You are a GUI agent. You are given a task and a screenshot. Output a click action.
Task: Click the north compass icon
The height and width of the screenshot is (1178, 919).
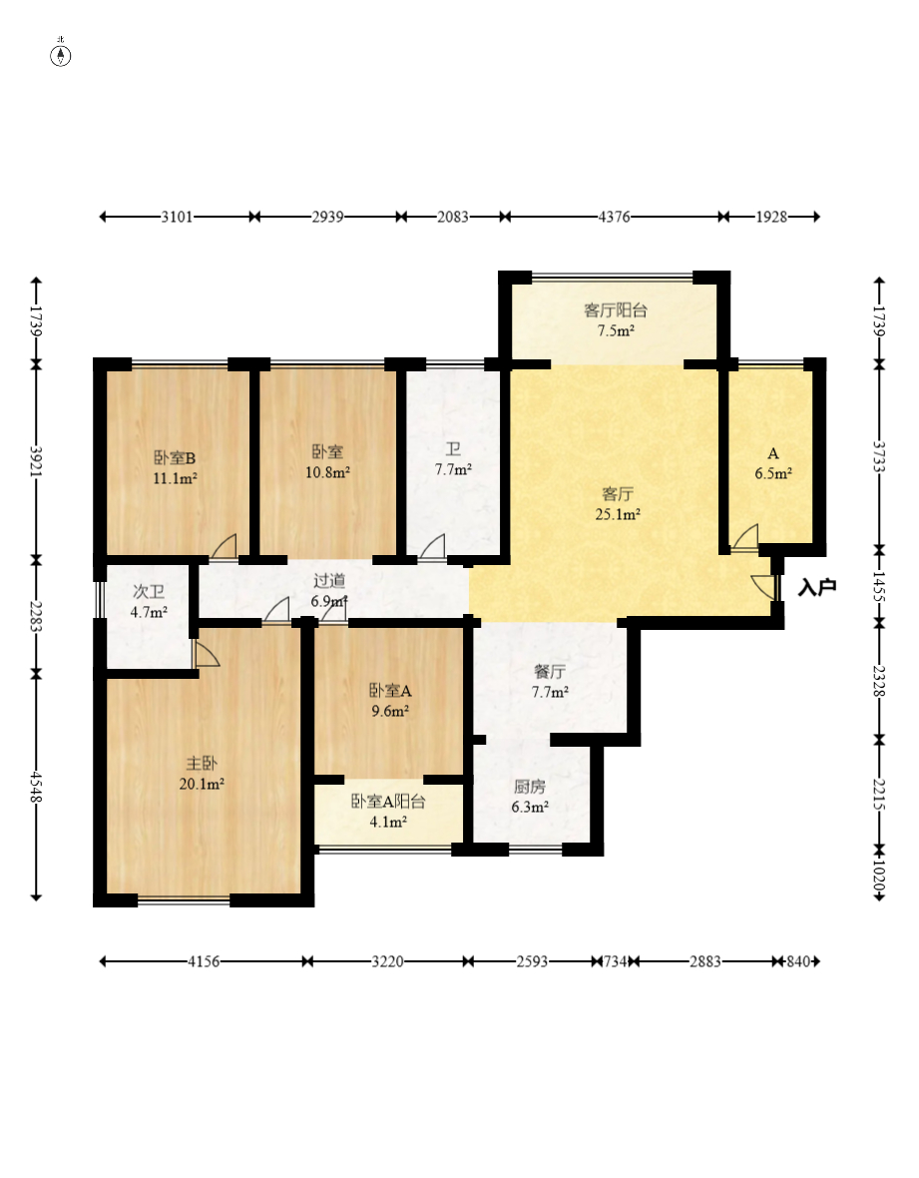click(61, 55)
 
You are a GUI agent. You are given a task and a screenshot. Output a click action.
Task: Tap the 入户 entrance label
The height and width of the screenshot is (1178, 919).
click(816, 588)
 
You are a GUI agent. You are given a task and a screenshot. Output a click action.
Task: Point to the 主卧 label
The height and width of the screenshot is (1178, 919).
click(202, 764)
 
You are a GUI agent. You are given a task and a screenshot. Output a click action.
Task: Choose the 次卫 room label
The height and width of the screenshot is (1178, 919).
click(149, 592)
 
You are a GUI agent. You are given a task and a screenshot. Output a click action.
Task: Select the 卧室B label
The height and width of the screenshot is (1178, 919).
click(175, 458)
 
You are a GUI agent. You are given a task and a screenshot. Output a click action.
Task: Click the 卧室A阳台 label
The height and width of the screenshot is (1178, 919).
click(388, 802)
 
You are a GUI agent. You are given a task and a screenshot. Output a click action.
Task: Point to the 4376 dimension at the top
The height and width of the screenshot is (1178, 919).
click(615, 216)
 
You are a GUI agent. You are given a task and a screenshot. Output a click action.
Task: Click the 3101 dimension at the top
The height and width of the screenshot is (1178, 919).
click(176, 216)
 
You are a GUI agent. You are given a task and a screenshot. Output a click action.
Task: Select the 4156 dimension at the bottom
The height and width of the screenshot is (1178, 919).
click(203, 961)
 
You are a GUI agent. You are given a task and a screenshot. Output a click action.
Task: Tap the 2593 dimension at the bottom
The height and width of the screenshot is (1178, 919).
click(532, 961)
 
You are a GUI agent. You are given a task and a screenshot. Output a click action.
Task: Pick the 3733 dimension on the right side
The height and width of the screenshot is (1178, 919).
click(878, 456)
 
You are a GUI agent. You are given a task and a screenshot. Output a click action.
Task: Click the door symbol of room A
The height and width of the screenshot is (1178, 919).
click(744, 538)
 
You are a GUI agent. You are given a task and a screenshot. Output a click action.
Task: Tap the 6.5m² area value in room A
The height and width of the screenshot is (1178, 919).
click(773, 475)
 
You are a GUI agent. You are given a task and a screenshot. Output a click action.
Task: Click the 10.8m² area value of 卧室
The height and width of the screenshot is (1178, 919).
click(327, 472)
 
